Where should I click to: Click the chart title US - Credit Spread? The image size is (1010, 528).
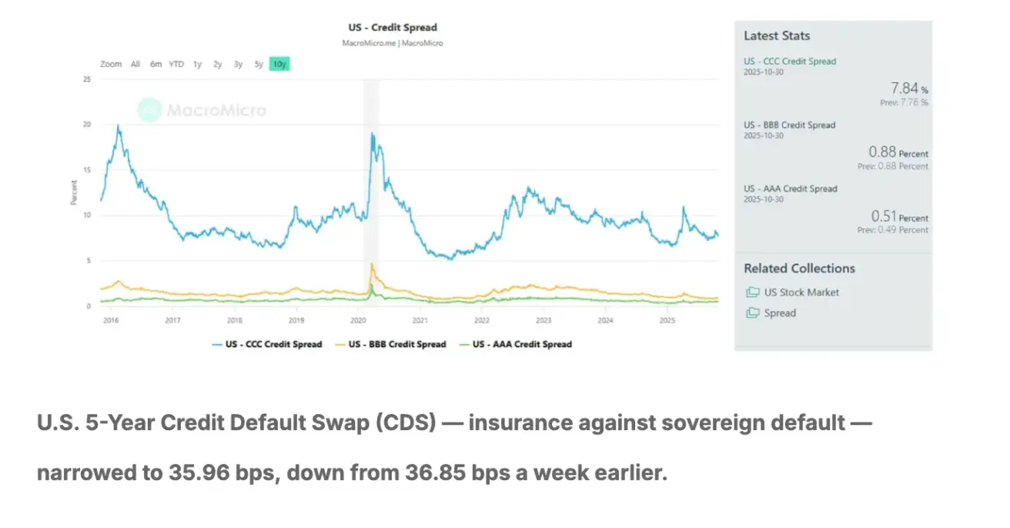[392, 28]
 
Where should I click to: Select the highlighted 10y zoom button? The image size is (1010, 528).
[279, 65]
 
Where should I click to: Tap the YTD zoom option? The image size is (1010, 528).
[176, 65]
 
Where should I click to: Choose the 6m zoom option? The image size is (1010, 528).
[156, 65]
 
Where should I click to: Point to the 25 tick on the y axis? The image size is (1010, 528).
[86, 79]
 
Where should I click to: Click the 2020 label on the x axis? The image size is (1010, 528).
[358, 319]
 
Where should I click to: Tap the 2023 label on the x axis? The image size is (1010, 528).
[543, 319]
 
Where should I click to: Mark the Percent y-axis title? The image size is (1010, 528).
[75, 192]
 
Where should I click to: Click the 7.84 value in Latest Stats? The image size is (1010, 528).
[904, 89]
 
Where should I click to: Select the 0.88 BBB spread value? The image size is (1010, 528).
[882, 152]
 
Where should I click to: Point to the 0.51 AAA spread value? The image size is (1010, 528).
[884, 216]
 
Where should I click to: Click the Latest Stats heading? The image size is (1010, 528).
[777, 35]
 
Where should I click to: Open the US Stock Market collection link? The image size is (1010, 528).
[801, 292]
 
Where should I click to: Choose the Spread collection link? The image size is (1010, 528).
[780, 313]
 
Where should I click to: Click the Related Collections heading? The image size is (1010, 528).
[799, 269]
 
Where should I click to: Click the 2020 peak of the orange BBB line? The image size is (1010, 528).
[372, 264]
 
